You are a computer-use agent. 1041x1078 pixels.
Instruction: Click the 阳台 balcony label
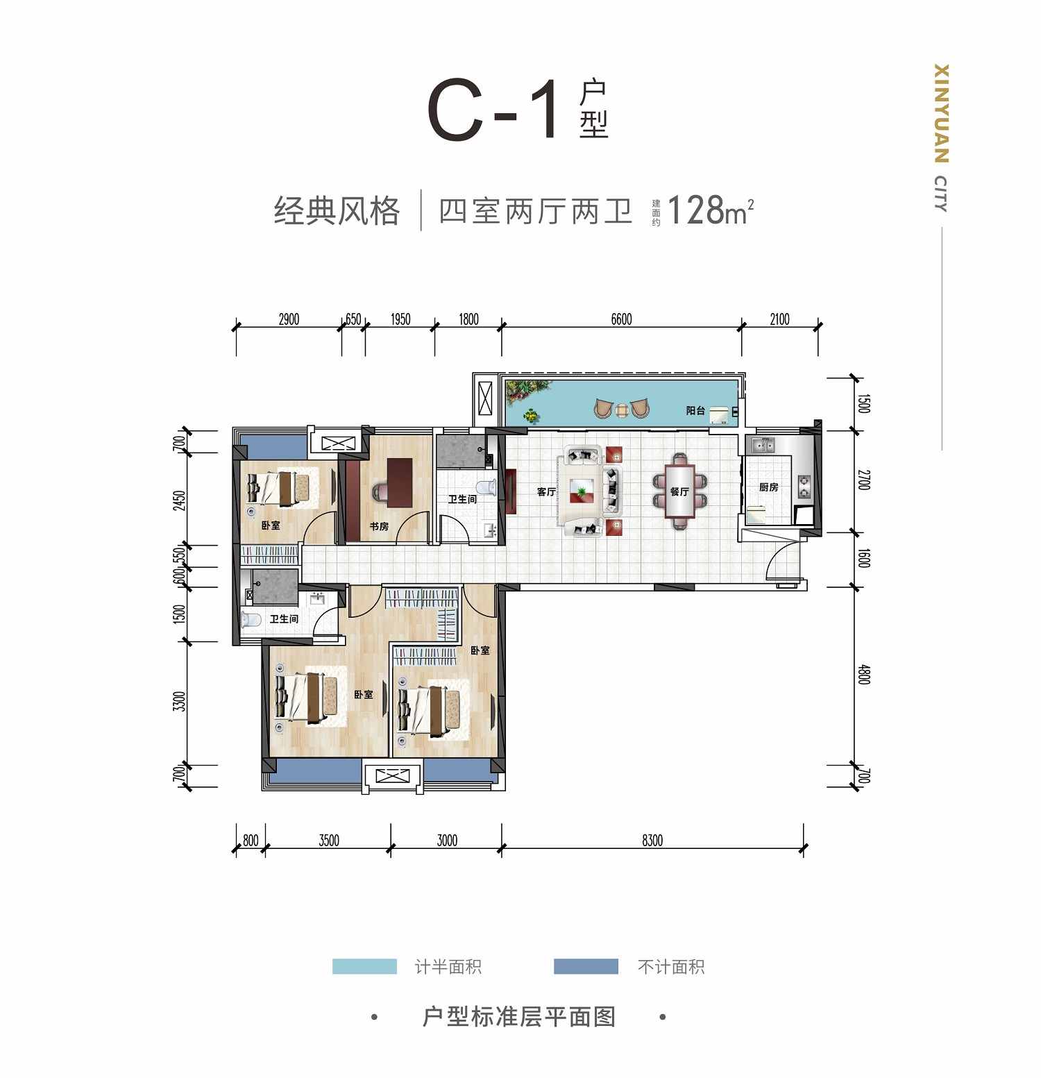click(x=695, y=410)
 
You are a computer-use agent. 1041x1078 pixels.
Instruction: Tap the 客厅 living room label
click(x=546, y=491)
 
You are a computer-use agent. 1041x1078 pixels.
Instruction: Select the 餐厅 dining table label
click(x=679, y=491)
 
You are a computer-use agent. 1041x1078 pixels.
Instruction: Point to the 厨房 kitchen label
click(x=768, y=487)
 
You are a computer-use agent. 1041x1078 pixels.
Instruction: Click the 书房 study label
click(x=379, y=526)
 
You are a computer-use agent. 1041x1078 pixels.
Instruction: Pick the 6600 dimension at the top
click(x=621, y=319)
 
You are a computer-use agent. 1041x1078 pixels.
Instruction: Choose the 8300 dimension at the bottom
click(x=652, y=841)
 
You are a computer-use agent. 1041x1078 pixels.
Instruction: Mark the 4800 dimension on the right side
click(x=863, y=675)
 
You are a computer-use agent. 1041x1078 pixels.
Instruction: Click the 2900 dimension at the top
click(x=289, y=319)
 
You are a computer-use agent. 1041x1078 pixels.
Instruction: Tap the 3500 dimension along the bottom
click(x=329, y=841)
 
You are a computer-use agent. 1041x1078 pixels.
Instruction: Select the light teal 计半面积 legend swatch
click(x=364, y=966)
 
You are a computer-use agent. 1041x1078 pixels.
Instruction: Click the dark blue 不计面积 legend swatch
click(x=586, y=966)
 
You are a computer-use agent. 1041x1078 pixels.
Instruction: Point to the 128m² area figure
click(x=710, y=210)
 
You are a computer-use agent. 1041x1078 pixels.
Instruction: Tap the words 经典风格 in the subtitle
click(x=337, y=210)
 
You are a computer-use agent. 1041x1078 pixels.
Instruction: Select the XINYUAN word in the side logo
click(x=941, y=113)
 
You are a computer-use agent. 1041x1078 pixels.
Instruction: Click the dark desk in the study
click(x=399, y=482)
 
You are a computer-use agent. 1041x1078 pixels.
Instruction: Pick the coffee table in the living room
click(x=582, y=491)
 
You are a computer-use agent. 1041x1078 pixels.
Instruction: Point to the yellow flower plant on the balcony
click(x=531, y=416)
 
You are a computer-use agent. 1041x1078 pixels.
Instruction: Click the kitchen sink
click(x=763, y=444)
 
